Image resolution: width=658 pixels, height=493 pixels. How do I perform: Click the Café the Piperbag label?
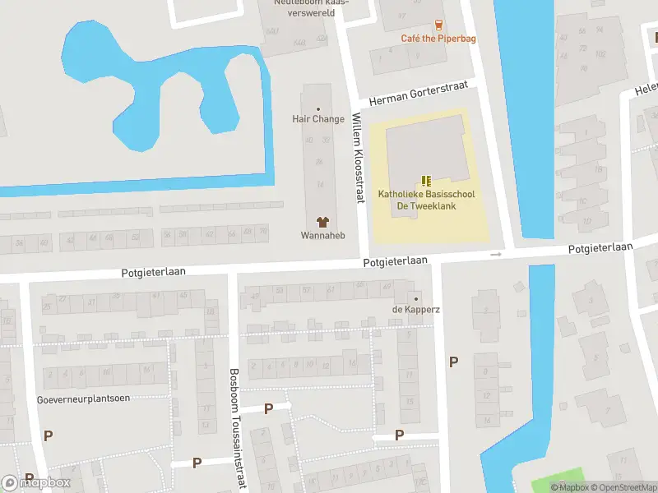coord(438,38)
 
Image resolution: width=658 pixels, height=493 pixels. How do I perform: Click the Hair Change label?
coord(318,119)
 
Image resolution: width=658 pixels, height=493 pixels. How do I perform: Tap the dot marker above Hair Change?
coord(318,108)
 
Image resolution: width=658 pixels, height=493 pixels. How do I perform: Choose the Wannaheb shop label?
coord(322,235)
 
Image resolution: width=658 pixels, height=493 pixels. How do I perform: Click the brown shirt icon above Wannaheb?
coord(322,222)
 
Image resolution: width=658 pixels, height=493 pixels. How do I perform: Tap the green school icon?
coord(425,181)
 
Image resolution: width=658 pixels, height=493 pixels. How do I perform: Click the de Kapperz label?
coord(415,309)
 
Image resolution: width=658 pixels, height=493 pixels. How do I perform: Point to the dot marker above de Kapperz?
coord(415,298)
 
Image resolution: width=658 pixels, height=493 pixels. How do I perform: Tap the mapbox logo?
coord(36,483)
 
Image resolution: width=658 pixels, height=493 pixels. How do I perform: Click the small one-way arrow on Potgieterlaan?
coord(495,255)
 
